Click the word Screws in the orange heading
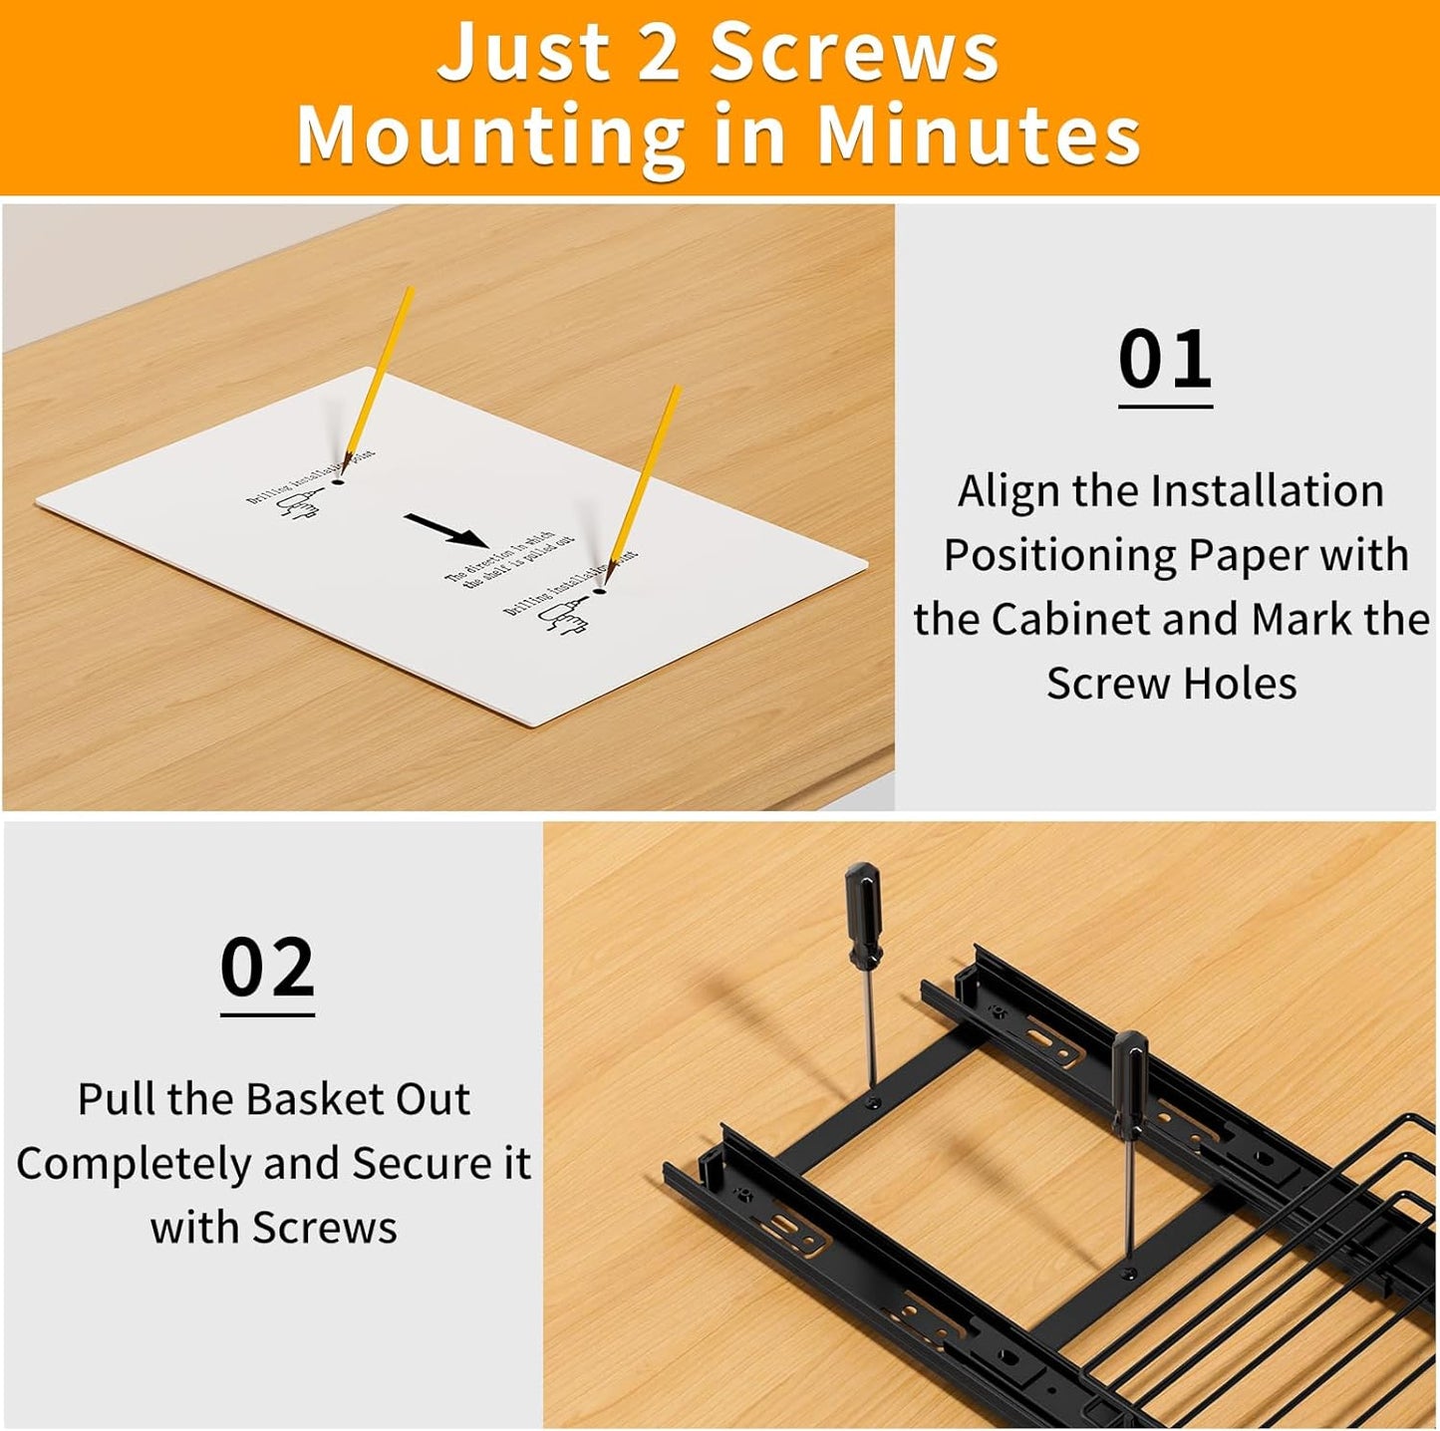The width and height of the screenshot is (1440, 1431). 854,53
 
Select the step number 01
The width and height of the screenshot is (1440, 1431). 1164,360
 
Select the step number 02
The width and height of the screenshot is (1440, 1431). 267,968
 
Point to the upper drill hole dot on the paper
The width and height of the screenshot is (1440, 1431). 338,481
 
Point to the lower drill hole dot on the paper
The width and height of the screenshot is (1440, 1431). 599,592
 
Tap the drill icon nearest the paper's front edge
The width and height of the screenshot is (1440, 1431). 562,616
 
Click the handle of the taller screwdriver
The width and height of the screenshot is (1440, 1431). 863,914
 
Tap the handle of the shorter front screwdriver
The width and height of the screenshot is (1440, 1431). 1129,1083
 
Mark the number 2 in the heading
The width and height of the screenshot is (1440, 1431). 657,53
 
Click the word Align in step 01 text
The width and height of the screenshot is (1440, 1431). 1007,491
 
